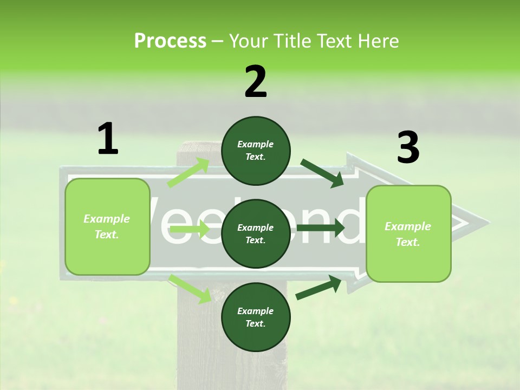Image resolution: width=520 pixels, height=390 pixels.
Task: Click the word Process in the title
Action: coord(170,41)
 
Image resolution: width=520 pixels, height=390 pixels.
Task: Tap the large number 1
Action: coord(108,139)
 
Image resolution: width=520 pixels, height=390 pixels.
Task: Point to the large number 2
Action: coord(256,81)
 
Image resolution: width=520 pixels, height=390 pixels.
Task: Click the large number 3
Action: coord(408,147)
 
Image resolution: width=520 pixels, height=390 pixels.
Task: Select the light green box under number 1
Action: coord(107,226)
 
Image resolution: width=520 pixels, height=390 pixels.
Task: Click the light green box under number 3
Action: coord(408,234)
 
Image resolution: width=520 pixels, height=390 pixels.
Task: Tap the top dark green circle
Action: coord(256,151)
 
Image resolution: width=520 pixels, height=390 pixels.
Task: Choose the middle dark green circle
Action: coord(256,234)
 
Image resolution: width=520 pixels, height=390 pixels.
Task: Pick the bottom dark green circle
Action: coord(256,317)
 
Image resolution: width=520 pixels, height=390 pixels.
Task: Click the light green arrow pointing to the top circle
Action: coord(188,172)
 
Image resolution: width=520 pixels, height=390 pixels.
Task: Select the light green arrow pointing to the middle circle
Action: coord(190,230)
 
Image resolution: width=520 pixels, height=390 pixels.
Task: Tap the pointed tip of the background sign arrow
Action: coord(487,222)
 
